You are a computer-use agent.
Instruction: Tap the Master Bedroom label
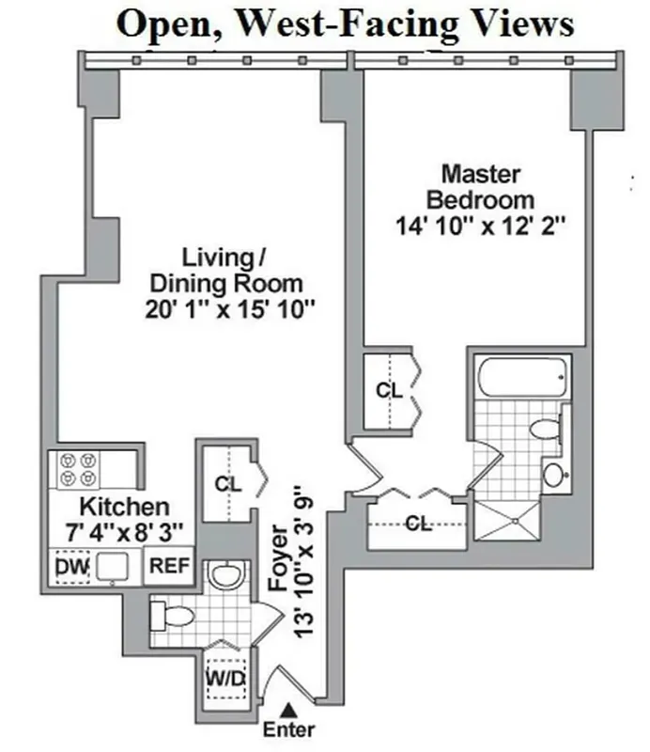click(x=481, y=187)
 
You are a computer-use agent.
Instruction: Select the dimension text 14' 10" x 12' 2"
click(x=481, y=226)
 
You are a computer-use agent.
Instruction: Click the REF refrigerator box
click(x=170, y=566)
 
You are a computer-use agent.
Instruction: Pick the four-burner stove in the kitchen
click(x=78, y=468)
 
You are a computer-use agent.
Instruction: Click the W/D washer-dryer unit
click(x=226, y=676)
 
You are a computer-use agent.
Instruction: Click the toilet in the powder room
click(x=175, y=617)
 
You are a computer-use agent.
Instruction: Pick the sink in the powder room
click(x=225, y=575)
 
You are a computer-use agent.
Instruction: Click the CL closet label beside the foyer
click(x=226, y=485)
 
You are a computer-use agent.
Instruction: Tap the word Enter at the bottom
click(x=289, y=729)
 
